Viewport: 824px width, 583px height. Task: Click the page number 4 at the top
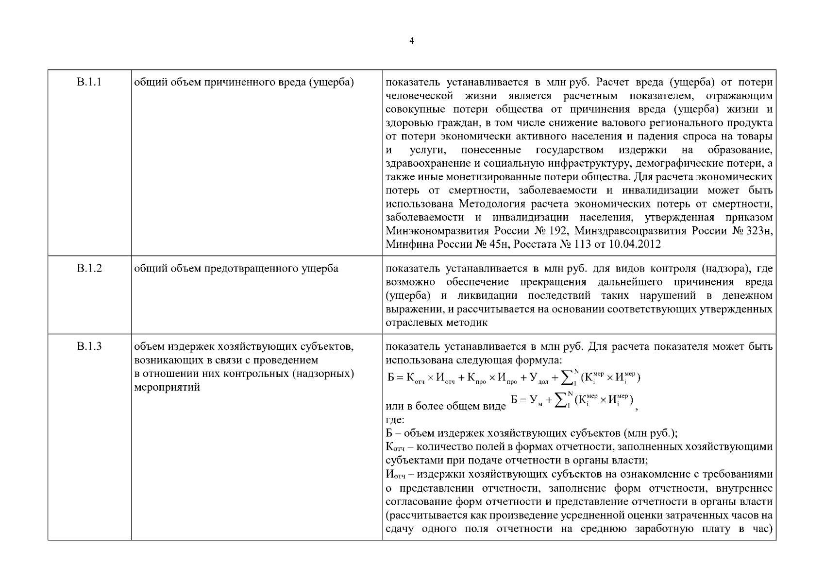412,41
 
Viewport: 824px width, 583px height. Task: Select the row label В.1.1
89,82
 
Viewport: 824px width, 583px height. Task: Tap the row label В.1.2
89,268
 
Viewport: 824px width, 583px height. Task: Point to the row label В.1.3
89,346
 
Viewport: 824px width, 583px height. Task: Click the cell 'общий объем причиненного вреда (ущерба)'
244,82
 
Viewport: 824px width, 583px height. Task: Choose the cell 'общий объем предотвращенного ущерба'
236,268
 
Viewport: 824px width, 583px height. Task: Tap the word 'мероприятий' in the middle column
167,388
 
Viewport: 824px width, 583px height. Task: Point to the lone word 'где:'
395,420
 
